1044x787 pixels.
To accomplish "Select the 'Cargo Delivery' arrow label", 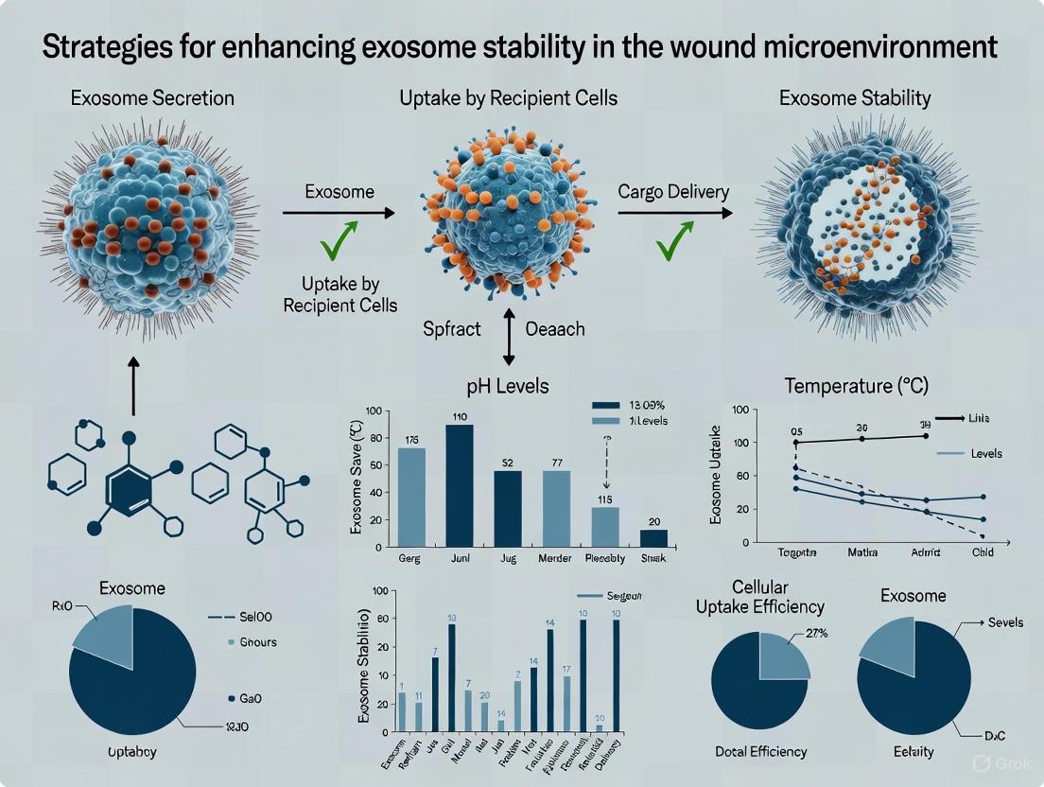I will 673,191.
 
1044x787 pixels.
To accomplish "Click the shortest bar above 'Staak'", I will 652,537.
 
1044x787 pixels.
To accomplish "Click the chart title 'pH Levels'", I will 509,387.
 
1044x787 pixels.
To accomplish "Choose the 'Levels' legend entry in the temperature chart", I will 985,454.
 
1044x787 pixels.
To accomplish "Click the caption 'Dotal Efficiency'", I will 760,751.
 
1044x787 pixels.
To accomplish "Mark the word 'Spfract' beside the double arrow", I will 451,329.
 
